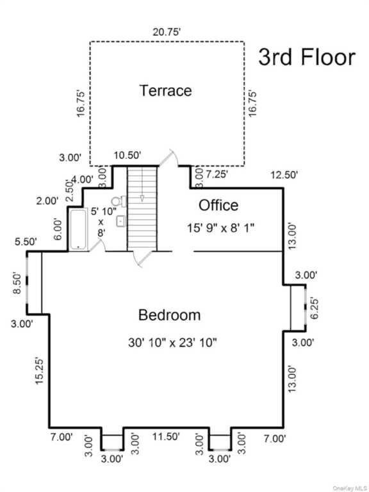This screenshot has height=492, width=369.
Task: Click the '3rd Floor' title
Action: point(307,58)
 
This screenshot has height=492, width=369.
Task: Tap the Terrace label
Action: point(165,91)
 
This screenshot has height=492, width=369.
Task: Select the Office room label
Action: point(218,205)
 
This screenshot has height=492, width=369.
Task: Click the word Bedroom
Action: point(169,315)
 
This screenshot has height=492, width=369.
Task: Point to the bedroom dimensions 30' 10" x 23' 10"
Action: point(172,343)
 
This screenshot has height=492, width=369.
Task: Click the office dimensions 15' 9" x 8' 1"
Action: point(220,228)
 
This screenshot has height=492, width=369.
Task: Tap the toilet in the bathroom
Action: point(119,201)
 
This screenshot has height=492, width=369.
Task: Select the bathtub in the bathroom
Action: point(78,229)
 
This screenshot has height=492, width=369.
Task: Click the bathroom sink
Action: point(121,222)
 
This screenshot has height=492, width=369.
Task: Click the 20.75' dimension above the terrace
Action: point(167,32)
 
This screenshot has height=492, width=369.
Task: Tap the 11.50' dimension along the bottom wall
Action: point(166,436)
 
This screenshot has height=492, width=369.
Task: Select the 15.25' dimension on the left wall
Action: point(40,370)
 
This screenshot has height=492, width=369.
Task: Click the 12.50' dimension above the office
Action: point(284,175)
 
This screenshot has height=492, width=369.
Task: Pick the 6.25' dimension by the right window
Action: point(314,307)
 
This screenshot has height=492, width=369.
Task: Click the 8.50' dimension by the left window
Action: point(17,284)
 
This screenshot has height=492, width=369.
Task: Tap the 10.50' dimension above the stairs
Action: point(127,155)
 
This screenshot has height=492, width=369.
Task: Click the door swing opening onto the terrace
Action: point(168,158)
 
